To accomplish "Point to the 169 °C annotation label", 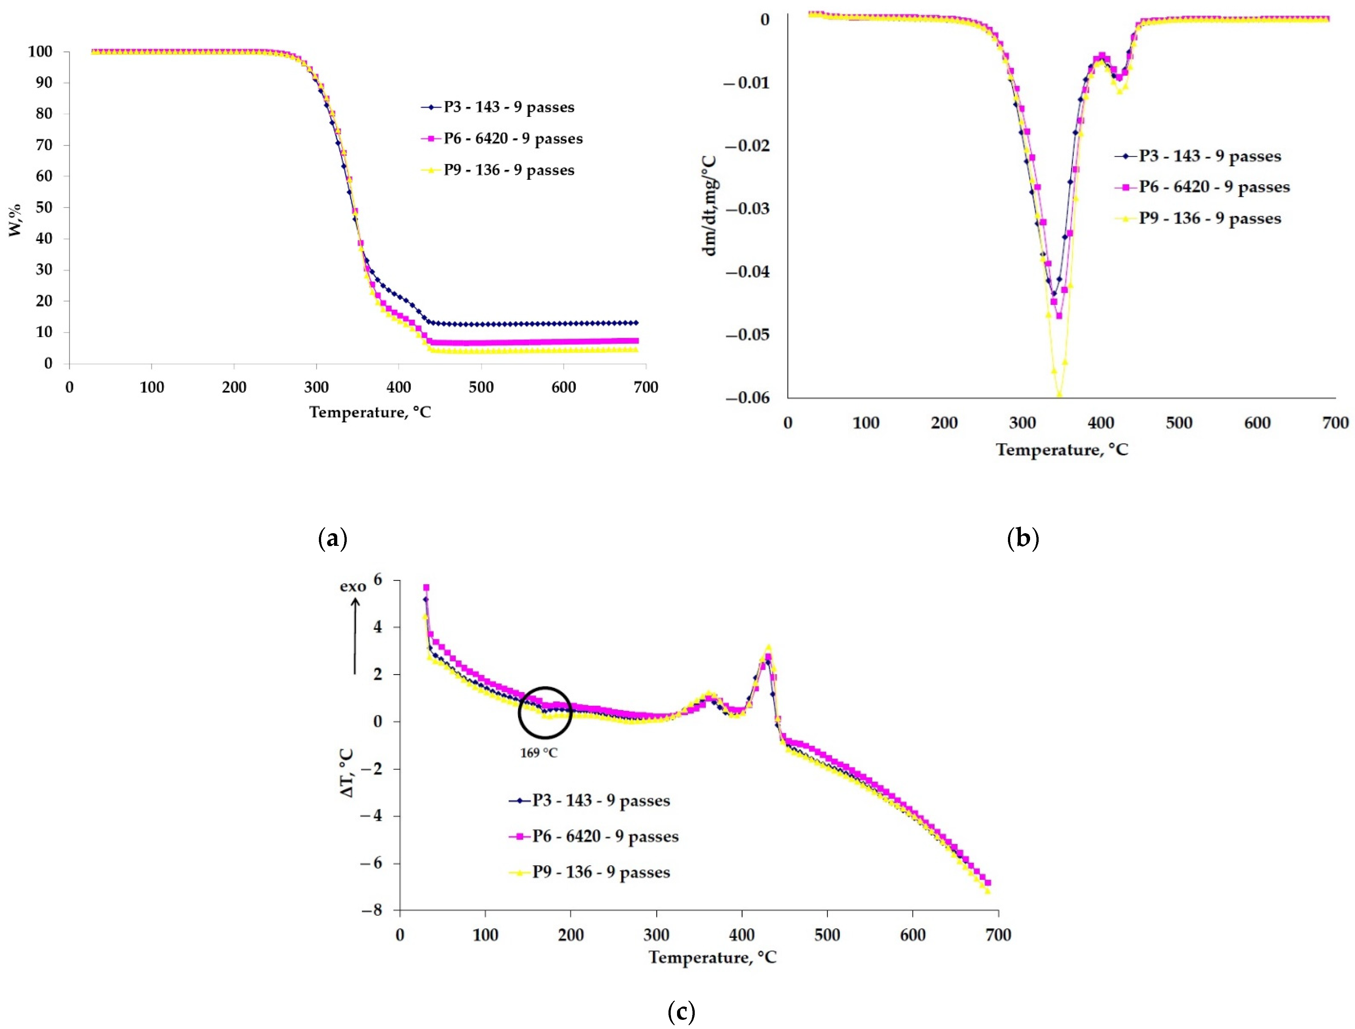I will click(x=539, y=753).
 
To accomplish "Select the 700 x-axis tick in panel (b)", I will click(x=1335, y=423).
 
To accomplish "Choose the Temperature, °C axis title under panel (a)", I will click(x=370, y=412).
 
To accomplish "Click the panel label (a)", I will click(x=333, y=538).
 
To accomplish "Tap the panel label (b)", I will click(x=1023, y=538).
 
